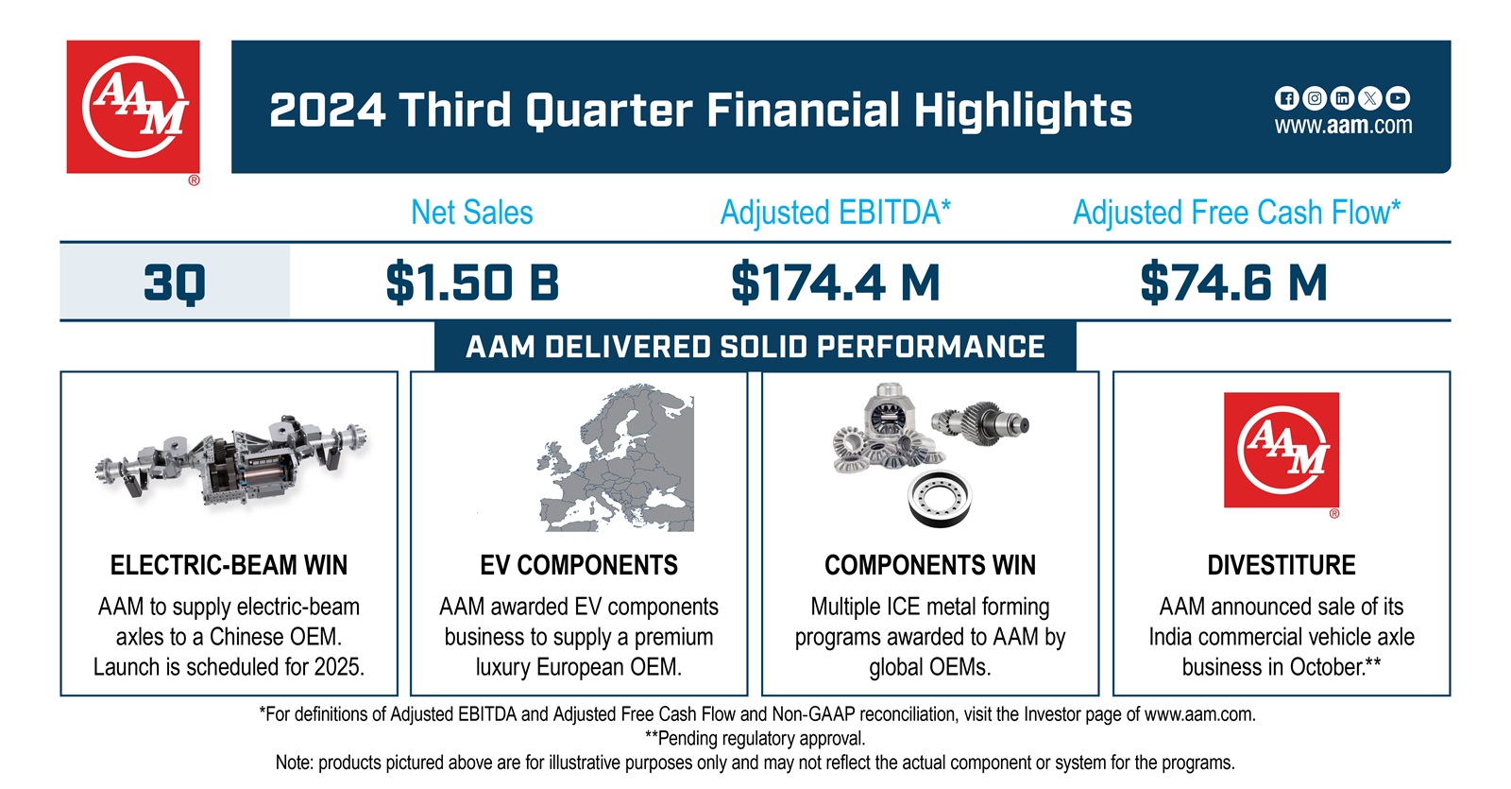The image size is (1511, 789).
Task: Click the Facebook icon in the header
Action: (x=1285, y=97)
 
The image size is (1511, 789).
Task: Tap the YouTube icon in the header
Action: (x=1399, y=97)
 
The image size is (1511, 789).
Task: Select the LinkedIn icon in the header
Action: (x=1342, y=97)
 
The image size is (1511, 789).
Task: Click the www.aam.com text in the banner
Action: (x=1343, y=126)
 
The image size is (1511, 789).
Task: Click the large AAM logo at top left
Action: (x=133, y=107)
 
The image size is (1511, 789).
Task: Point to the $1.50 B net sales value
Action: (x=472, y=283)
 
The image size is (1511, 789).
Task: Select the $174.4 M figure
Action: (x=836, y=283)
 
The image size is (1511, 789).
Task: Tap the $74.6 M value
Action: (x=1233, y=283)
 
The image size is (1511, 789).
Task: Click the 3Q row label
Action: (x=175, y=283)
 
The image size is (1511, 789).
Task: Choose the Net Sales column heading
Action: (x=472, y=213)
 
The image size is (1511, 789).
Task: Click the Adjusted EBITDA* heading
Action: (x=836, y=213)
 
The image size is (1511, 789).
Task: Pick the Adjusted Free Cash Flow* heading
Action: (x=1236, y=213)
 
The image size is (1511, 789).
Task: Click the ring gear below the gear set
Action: (x=939, y=497)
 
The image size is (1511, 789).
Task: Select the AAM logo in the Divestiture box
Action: (x=1282, y=451)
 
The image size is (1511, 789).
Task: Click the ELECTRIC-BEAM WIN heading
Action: (x=229, y=565)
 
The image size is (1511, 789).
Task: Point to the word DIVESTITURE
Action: (x=1282, y=565)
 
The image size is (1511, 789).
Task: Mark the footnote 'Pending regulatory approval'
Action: (x=755, y=738)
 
